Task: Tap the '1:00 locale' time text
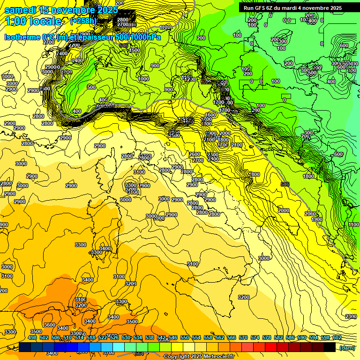click(x=33, y=21)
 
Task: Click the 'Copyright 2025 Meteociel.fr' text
click(x=199, y=357)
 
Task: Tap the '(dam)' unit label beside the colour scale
click(x=347, y=348)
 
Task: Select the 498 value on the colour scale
click(x=32, y=337)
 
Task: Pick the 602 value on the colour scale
click(x=337, y=337)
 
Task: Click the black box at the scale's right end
click(x=330, y=347)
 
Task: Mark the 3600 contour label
click(x=49, y=325)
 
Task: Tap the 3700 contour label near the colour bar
click(x=108, y=352)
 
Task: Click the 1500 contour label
click(x=135, y=50)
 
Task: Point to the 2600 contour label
click(x=195, y=155)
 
